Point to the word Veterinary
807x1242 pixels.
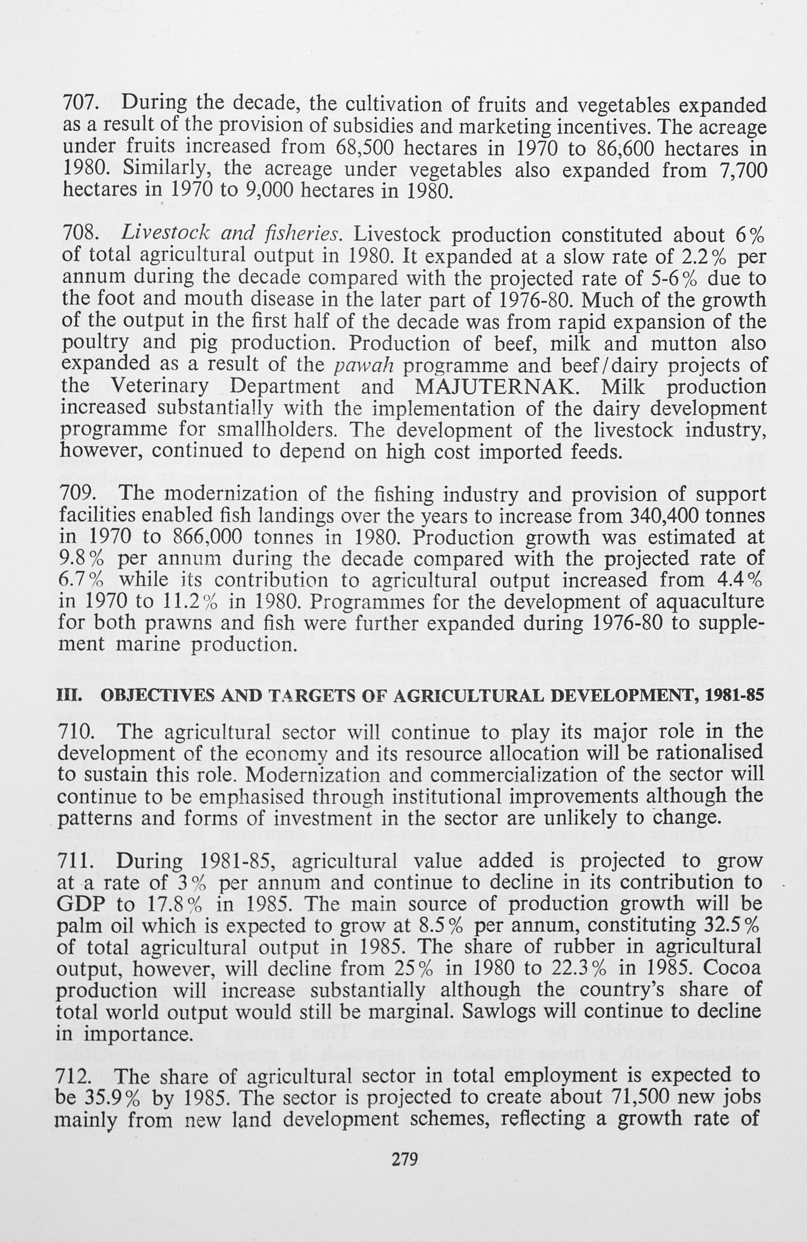point(160,387)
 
